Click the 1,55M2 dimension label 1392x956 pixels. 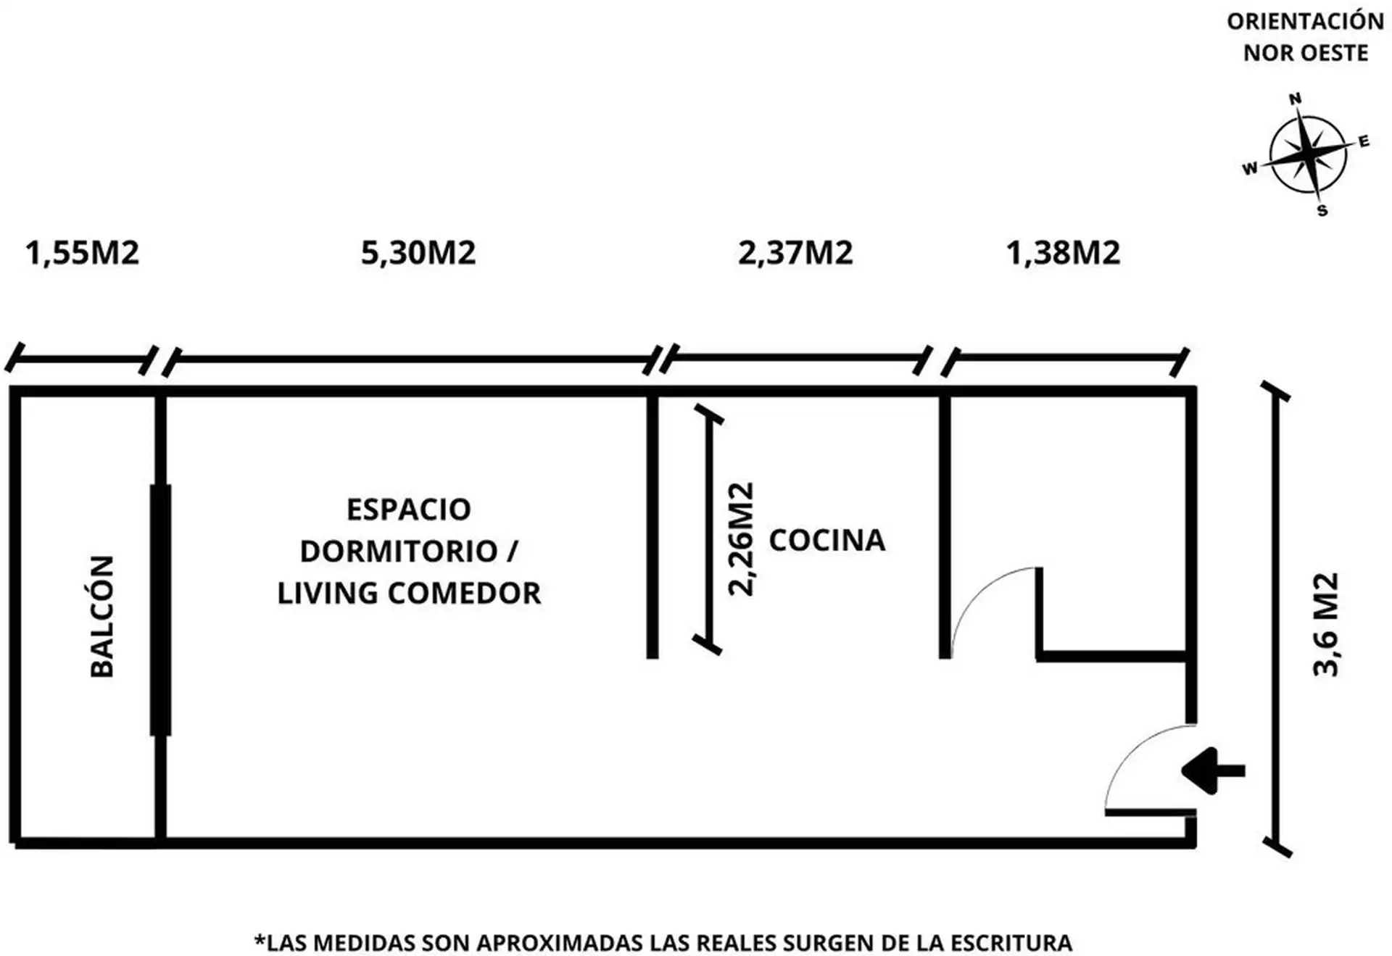pos(82,253)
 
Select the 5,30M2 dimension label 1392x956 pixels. pos(418,253)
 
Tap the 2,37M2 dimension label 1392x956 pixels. pos(795,253)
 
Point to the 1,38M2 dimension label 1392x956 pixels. pos(1063,253)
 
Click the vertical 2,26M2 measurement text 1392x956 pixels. pos(741,539)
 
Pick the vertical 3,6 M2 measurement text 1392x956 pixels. pos(1326,625)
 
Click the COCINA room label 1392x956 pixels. pos(827,540)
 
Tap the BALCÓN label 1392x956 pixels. pos(102,617)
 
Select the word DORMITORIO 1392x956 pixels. pos(398,552)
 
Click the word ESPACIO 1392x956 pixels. pos(409,510)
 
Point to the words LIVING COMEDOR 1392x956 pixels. pos(409,594)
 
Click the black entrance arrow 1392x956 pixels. pos(1213,770)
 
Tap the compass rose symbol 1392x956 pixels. pos(1308,154)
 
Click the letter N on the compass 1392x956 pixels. pos(1295,99)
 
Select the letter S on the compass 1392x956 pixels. pos(1322,211)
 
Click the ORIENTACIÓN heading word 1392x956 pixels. pos(1306,22)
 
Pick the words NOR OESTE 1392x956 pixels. pos(1306,53)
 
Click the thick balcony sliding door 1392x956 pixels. pos(160,610)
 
